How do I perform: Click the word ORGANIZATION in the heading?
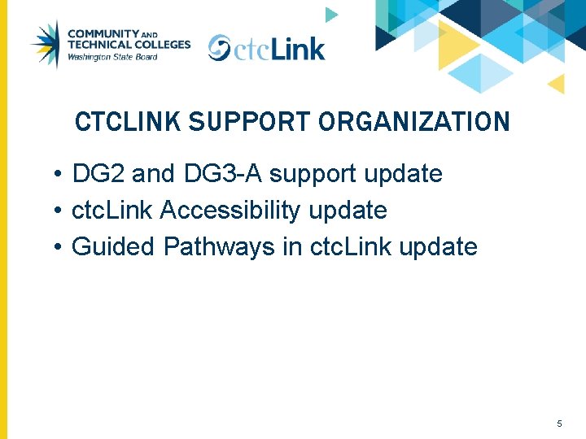(414, 122)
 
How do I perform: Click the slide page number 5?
(559, 424)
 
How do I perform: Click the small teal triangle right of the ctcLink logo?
(330, 14)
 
